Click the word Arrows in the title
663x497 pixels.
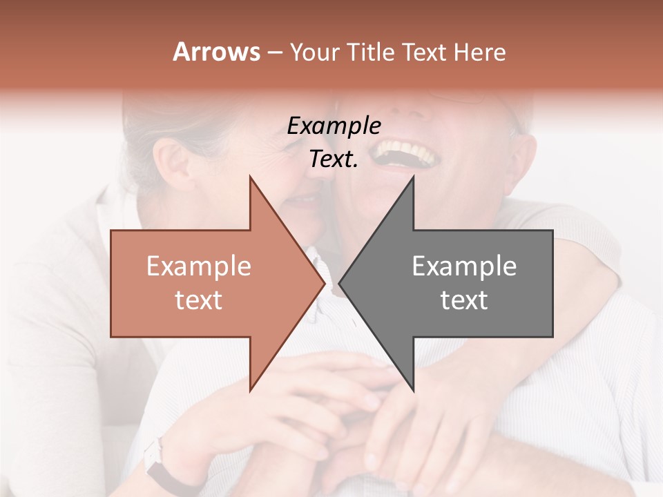(x=216, y=52)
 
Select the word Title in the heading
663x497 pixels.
(x=369, y=52)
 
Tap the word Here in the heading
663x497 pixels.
(x=479, y=52)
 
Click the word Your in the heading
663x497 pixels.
(x=314, y=52)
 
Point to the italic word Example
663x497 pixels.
(x=334, y=126)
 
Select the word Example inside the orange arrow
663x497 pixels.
(x=198, y=266)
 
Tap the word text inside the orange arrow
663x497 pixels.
(x=198, y=300)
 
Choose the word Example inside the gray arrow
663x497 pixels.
(x=464, y=266)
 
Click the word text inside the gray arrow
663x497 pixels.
(x=464, y=300)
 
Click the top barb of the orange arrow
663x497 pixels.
(x=251, y=181)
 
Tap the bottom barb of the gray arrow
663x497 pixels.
(x=412, y=387)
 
